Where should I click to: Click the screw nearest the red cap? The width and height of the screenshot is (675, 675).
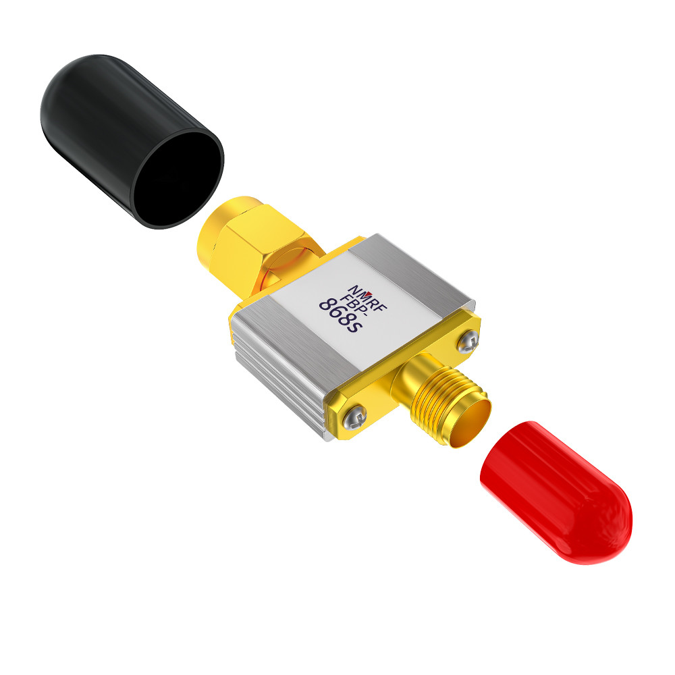click(x=468, y=342)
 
